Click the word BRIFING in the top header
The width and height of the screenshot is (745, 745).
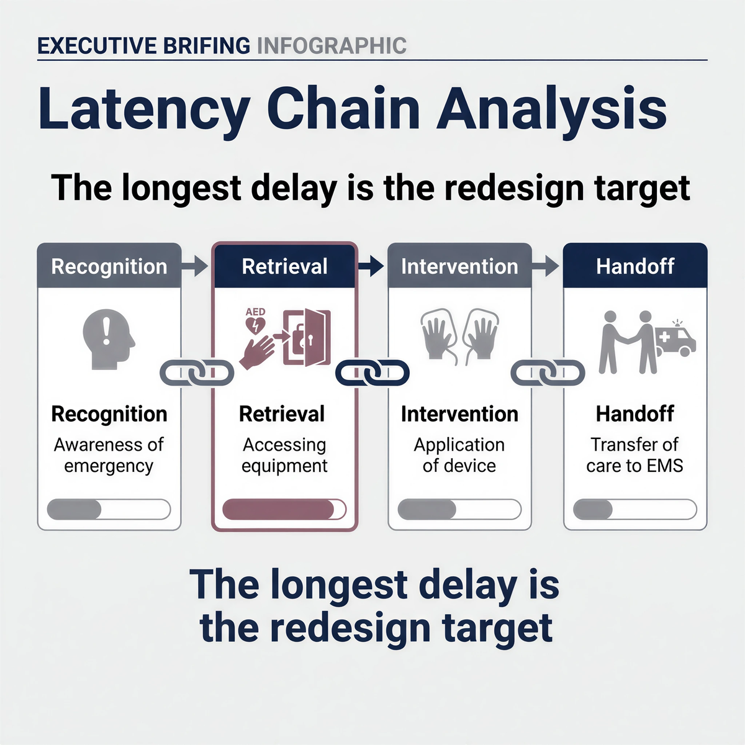(x=207, y=45)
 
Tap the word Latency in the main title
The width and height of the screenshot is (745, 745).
(x=144, y=110)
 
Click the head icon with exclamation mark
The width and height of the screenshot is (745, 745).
(x=109, y=339)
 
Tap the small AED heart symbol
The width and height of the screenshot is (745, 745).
(x=255, y=325)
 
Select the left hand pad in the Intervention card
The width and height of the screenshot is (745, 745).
(x=438, y=335)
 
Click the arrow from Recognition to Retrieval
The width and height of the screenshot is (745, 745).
(x=195, y=266)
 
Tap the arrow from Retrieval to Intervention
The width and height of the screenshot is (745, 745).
(x=371, y=266)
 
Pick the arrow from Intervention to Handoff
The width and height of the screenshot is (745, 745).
(x=546, y=266)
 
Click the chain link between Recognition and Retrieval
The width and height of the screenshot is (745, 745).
(x=197, y=372)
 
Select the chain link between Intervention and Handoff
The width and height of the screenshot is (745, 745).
(x=548, y=372)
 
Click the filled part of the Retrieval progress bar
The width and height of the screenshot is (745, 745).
(x=278, y=509)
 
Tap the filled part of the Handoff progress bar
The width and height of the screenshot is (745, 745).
(x=593, y=509)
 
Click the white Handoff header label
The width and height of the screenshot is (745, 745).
(x=635, y=266)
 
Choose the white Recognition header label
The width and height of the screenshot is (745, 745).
(x=109, y=267)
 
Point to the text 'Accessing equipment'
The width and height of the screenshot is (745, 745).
(x=284, y=455)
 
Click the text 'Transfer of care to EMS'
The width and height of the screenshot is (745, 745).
(x=635, y=455)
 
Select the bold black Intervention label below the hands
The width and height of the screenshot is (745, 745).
(x=459, y=413)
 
